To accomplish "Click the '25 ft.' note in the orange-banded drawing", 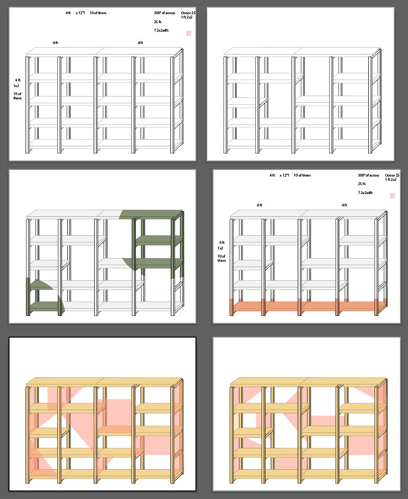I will point(362,184).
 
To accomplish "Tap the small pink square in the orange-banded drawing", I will point(392,196).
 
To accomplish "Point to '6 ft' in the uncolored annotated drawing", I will point(17,80).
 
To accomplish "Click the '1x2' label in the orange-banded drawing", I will point(221,248).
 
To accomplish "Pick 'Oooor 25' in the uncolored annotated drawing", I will point(188,13).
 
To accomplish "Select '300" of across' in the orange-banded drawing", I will point(368,175).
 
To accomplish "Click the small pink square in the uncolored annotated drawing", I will point(188,33).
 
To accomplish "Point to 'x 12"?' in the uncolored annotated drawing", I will point(80,13).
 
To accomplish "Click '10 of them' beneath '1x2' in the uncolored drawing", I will point(18,96).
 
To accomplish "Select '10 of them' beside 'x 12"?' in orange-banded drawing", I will point(302,175).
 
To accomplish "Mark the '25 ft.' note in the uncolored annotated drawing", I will point(158,22).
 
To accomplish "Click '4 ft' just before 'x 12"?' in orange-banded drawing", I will point(272,175).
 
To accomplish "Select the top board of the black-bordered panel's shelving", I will point(104,382).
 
